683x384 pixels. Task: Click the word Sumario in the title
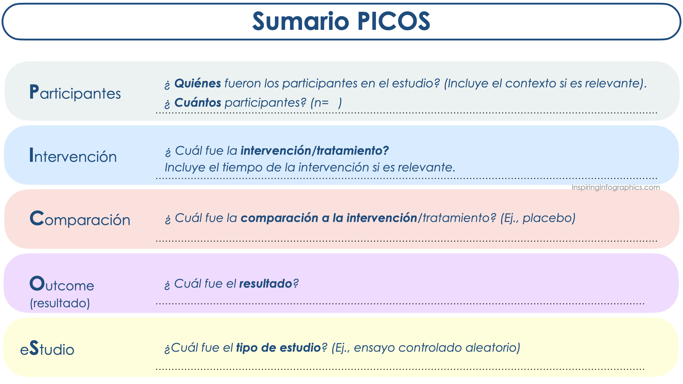[x=301, y=21]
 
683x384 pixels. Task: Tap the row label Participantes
[x=75, y=92]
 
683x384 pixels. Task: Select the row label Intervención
[x=73, y=156]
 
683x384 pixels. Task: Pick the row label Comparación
[x=80, y=219]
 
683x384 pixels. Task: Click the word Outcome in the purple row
[x=62, y=284]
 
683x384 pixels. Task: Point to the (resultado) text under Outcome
[x=60, y=303]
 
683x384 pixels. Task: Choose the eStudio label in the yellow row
[x=47, y=348]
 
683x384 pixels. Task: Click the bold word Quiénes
[x=198, y=83]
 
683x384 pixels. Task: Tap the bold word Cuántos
[x=198, y=102]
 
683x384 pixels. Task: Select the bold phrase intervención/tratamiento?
[x=315, y=151]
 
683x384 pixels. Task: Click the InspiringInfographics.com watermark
[x=616, y=187]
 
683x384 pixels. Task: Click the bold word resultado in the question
[x=266, y=284]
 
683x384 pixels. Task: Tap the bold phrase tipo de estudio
[x=279, y=348]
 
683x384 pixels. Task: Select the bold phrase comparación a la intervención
[x=329, y=218]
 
